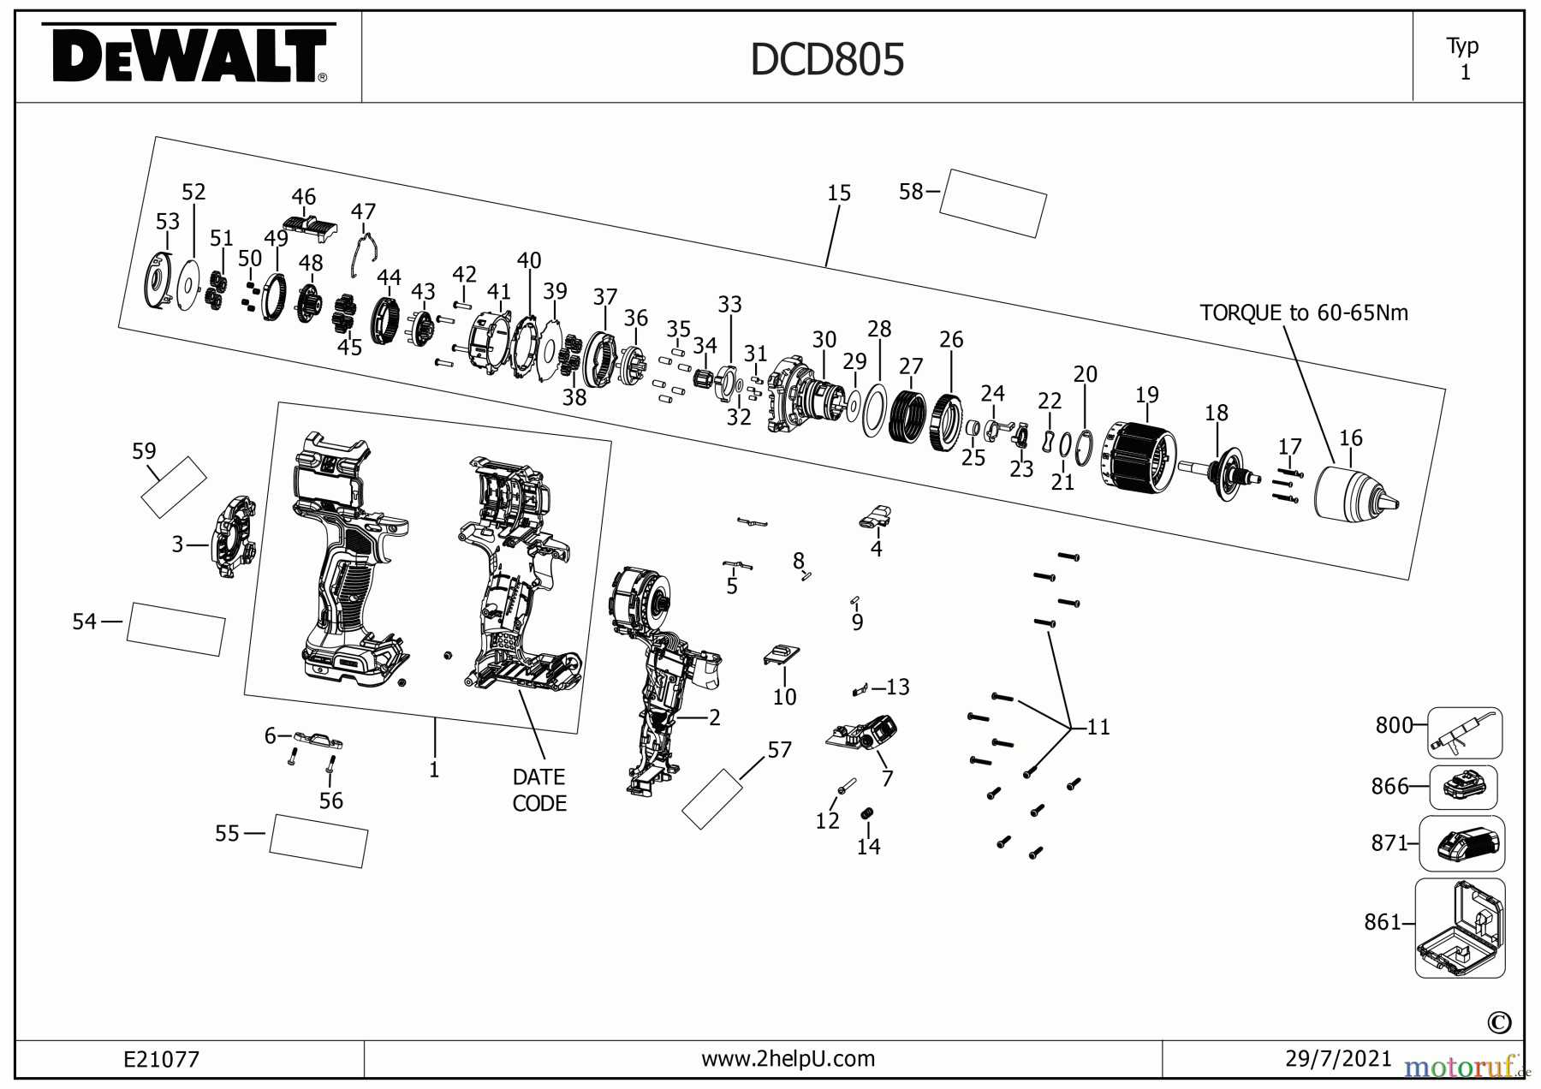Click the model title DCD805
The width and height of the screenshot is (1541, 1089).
tap(826, 60)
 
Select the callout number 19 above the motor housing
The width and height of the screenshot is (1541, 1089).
tap(1146, 395)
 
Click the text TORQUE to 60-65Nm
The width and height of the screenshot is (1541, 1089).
tap(1303, 312)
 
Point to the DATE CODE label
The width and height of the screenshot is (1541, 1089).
tap(538, 789)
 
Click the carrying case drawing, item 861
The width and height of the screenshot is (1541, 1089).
tap(1460, 928)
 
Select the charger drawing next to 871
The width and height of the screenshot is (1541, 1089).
tap(1461, 843)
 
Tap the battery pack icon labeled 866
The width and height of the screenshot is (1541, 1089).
tap(1463, 787)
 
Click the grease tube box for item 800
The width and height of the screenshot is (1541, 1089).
tap(1464, 733)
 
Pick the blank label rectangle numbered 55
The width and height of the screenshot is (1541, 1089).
tap(318, 840)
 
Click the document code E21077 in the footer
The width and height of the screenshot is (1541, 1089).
tap(161, 1059)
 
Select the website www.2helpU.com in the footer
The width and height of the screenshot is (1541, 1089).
tap(788, 1059)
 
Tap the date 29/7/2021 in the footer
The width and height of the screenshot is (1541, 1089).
tap(1338, 1059)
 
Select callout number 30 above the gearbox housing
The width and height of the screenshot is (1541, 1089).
tap(824, 340)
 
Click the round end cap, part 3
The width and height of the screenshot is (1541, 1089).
tap(233, 537)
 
